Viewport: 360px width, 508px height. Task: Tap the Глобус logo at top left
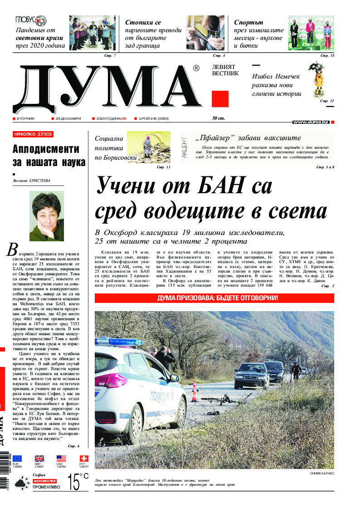click(x=31, y=20)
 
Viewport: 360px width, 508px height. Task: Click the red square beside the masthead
click(x=220, y=98)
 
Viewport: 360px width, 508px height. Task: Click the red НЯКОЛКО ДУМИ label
click(x=33, y=134)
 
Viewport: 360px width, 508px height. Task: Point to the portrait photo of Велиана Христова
click(x=47, y=216)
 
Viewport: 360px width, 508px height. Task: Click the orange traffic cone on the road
click(x=195, y=391)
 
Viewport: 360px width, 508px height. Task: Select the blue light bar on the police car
click(x=119, y=342)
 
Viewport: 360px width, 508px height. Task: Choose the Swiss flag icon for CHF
click(x=84, y=458)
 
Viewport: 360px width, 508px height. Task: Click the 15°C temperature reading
click(x=78, y=482)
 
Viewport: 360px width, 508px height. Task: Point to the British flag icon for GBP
click(x=39, y=458)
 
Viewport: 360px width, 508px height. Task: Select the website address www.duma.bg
click(x=311, y=122)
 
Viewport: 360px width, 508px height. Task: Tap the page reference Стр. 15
click(x=327, y=55)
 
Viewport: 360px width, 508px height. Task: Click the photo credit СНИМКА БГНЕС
click(x=321, y=473)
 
